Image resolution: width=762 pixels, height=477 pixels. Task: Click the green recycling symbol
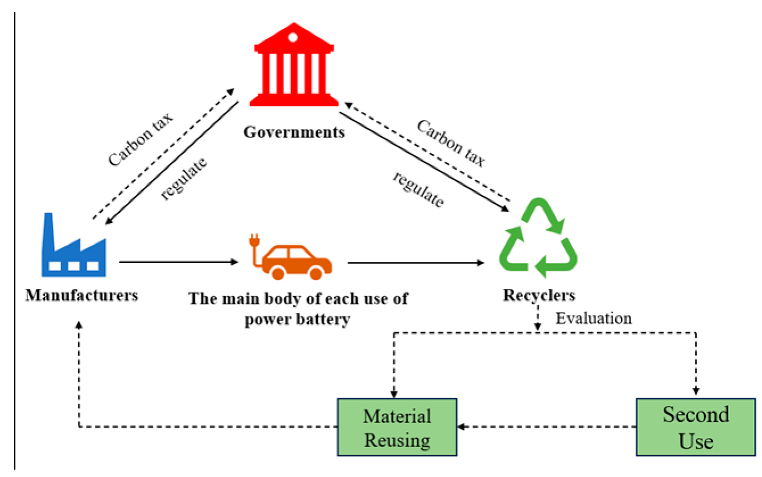(538, 237)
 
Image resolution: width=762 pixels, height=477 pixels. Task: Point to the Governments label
(294, 132)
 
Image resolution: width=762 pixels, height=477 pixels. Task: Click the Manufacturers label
(81, 295)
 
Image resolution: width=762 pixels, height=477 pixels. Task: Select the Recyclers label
(539, 295)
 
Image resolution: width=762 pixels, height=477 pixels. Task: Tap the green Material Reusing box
(397, 427)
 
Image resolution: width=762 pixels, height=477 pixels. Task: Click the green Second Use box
(695, 427)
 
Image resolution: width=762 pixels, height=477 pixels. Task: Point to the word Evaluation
(593, 318)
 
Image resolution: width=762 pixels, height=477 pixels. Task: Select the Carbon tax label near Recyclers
(451, 143)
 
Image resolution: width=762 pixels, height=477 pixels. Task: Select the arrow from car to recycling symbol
(415, 263)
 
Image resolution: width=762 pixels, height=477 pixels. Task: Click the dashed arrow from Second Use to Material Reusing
(546, 426)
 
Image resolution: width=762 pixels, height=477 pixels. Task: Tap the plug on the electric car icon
(254, 242)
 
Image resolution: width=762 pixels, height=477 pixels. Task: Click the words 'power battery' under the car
(297, 320)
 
